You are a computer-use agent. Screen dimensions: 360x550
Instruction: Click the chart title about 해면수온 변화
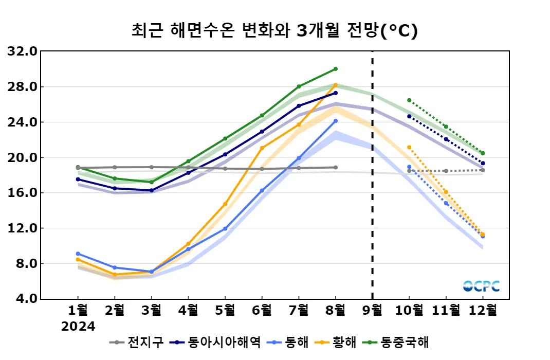point(274,31)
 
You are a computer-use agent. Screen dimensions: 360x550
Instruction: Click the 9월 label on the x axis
point(373,310)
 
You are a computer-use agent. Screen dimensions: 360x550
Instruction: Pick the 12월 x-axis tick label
point(483,310)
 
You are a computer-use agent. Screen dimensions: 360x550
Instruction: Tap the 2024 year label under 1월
point(78,327)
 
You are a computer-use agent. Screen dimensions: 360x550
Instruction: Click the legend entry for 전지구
point(139,342)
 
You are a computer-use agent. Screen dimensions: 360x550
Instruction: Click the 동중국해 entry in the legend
point(399,342)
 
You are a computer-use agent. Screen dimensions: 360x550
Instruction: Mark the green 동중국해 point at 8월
point(336,69)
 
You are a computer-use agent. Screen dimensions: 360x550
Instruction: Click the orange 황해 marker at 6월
point(262,148)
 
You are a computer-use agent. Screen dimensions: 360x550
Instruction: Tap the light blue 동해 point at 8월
point(336,121)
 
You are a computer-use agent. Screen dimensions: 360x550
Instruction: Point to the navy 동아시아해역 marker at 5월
point(225,154)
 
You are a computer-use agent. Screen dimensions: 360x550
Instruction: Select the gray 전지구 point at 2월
point(115,167)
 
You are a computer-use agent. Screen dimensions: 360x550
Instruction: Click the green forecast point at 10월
point(409,100)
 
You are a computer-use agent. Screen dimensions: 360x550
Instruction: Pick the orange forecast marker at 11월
point(446,192)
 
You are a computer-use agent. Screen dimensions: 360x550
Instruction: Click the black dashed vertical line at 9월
point(373,175)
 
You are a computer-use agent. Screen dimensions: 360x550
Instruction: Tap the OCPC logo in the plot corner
point(481,286)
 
